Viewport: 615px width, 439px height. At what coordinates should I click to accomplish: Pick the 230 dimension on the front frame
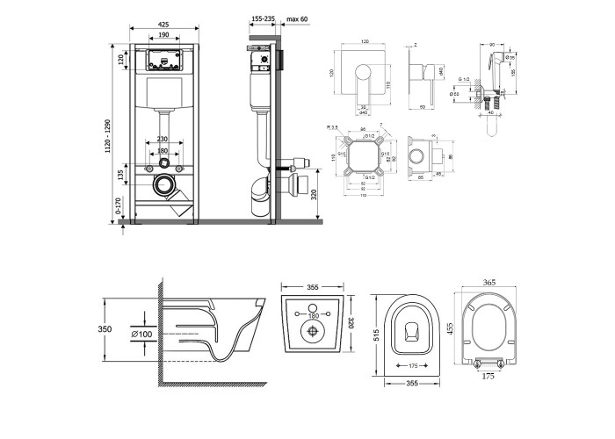pos(163,138)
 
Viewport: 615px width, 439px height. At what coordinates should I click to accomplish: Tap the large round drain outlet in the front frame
pos(164,184)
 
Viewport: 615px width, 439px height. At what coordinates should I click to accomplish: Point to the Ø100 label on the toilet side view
pos(143,334)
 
